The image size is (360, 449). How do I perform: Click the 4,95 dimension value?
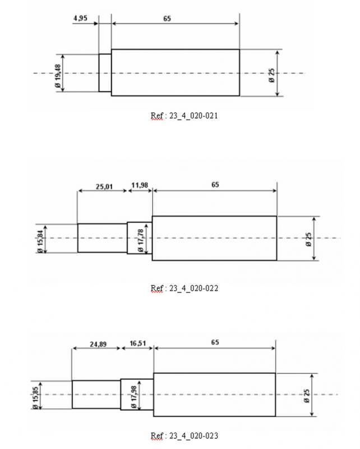80,18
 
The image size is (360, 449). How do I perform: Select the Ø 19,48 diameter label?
58,76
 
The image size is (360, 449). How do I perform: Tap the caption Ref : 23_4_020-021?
184,116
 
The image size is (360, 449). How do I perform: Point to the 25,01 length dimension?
104,187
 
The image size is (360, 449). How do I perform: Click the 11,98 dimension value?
140,185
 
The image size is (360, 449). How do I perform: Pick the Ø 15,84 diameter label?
40,241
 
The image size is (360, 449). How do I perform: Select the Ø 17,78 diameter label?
141,241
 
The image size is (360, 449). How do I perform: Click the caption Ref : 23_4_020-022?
184,288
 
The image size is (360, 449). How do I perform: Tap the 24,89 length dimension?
99,344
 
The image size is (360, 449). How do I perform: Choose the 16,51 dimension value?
138,343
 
